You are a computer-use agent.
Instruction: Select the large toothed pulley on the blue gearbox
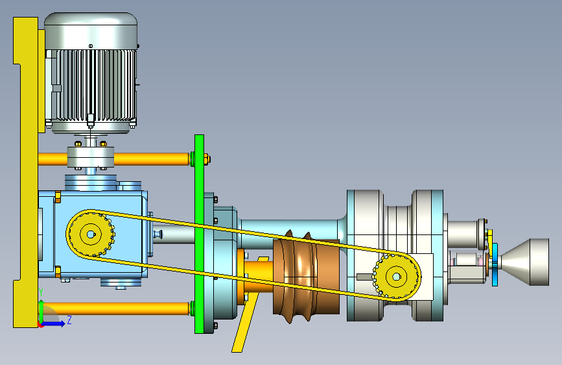tap(91, 234)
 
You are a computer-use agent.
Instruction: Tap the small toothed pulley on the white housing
tap(396, 277)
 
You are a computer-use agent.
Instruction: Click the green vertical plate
tap(199, 234)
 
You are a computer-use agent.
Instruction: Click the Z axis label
tap(69, 320)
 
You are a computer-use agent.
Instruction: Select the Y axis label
tap(41, 292)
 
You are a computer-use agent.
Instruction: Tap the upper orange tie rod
tap(114, 159)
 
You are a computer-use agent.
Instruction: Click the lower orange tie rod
tap(114, 308)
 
